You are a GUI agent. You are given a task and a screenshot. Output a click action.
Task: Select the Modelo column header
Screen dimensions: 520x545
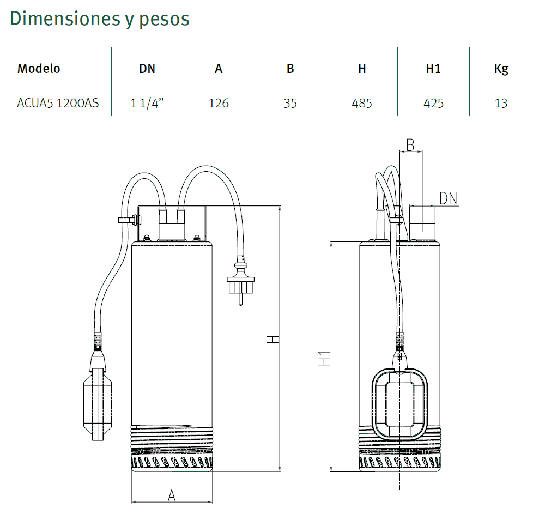click(x=39, y=69)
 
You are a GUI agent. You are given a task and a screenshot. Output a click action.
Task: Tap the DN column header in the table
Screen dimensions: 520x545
click(x=147, y=69)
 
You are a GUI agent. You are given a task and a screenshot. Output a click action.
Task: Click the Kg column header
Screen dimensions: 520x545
click(x=501, y=69)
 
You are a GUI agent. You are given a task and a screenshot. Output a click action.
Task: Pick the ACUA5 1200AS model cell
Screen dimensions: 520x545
click(x=58, y=103)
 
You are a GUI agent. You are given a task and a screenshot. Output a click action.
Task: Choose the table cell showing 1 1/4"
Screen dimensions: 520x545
click(x=147, y=103)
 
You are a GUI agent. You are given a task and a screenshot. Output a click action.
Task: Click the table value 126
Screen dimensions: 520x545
click(x=219, y=103)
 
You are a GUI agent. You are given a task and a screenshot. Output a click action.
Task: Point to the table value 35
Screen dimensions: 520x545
click(x=290, y=103)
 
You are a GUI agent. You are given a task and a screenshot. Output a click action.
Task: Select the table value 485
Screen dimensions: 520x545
click(x=362, y=103)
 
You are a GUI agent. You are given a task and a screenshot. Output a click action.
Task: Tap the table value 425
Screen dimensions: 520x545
click(x=433, y=103)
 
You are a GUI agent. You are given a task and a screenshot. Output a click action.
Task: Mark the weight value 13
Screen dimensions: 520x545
click(x=501, y=103)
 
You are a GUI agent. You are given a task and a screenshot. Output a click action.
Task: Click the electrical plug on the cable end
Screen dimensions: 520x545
click(x=240, y=281)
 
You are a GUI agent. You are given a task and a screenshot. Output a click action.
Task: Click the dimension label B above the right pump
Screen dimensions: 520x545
click(x=410, y=145)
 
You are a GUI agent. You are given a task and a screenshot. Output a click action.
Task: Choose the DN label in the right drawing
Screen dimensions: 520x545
click(x=449, y=198)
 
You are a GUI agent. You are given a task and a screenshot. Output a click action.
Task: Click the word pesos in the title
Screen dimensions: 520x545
click(x=164, y=19)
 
